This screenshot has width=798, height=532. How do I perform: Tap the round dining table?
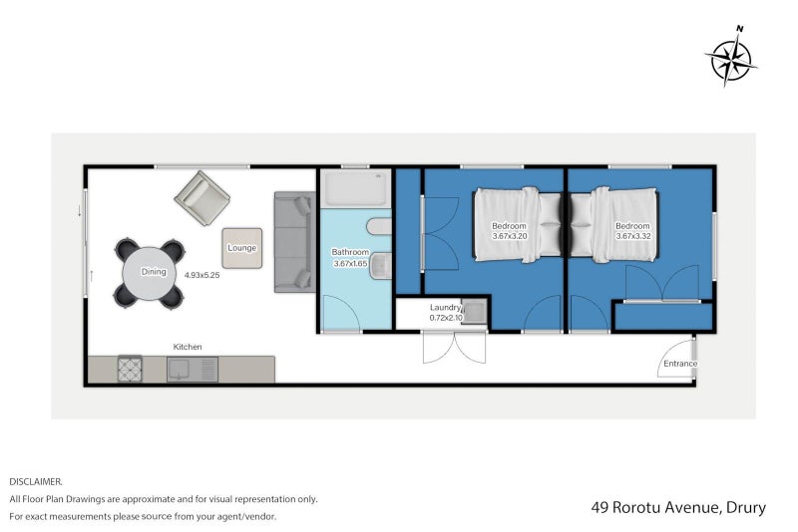pyautogui.click(x=149, y=273)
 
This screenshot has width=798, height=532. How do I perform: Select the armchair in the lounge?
pyautogui.click(x=202, y=197)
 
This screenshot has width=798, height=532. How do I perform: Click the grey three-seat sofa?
pyautogui.click(x=294, y=242)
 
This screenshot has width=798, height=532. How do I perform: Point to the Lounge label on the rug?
pyautogui.click(x=241, y=248)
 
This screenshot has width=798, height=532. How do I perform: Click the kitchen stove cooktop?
pyautogui.click(x=130, y=369)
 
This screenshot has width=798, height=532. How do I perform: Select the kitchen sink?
pyautogui.click(x=193, y=370)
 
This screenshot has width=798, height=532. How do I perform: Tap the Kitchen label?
pyautogui.click(x=188, y=347)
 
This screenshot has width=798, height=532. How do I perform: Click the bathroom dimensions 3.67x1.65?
pyautogui.click(x=350, y=264)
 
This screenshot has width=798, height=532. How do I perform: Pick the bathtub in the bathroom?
pyautogui.click(x=356, y=188)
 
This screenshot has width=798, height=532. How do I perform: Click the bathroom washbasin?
pyautogui.click(x=380, y=266)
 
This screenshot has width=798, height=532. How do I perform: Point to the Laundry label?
pyautogui.click(x=445, y=308)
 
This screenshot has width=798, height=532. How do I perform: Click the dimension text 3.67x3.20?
pyautogui.click(x=509, y=236)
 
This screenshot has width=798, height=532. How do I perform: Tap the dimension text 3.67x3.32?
pyautogui.click(x=633, y=236)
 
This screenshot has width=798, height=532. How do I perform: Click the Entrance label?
pyautogui.click(x=680, y=364)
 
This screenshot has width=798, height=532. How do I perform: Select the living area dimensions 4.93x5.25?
pyautogui.click(x=202, y=275)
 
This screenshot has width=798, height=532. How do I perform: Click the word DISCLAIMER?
pyautogui.click(x=36, y=481)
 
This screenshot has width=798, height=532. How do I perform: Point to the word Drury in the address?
pyautogui.click(x=745, y=508)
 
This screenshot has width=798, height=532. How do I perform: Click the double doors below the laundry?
pyautogui.click(x=454, y=348)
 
